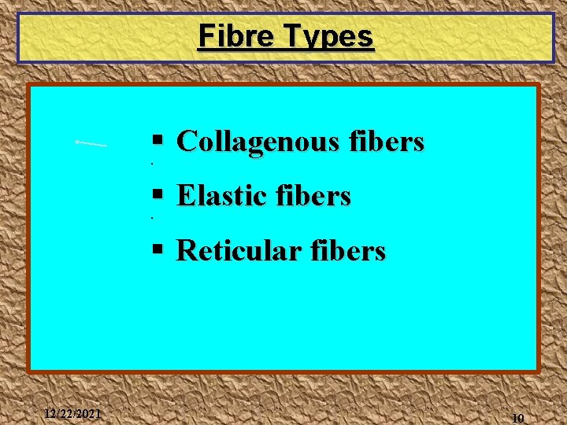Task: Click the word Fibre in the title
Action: pyautogui.click(x=230, y=36)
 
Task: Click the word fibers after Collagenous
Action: pyautogui.click(x=388, y=142)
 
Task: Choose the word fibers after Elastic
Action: pyautogui.click(x=315, y=195)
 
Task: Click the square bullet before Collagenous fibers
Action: pyautogui.click(x=157, y=141)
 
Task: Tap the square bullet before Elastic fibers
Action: pyautogui.click(x=157, y=194)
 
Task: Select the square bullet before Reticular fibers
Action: pyautogui.click(x=157, y=249)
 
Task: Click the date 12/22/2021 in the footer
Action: pyautogui.click(x=72, y=413)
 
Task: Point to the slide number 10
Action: pyautogui.click(x=517, y=418)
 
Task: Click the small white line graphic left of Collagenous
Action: pyautogui.click(x=91, y=143)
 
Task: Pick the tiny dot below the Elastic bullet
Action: pyautogui.click(x=151, y=216)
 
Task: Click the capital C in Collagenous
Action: pyautogui.click(x=186, y=142)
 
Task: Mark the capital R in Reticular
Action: pyautogui.click(x=187, y=250)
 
